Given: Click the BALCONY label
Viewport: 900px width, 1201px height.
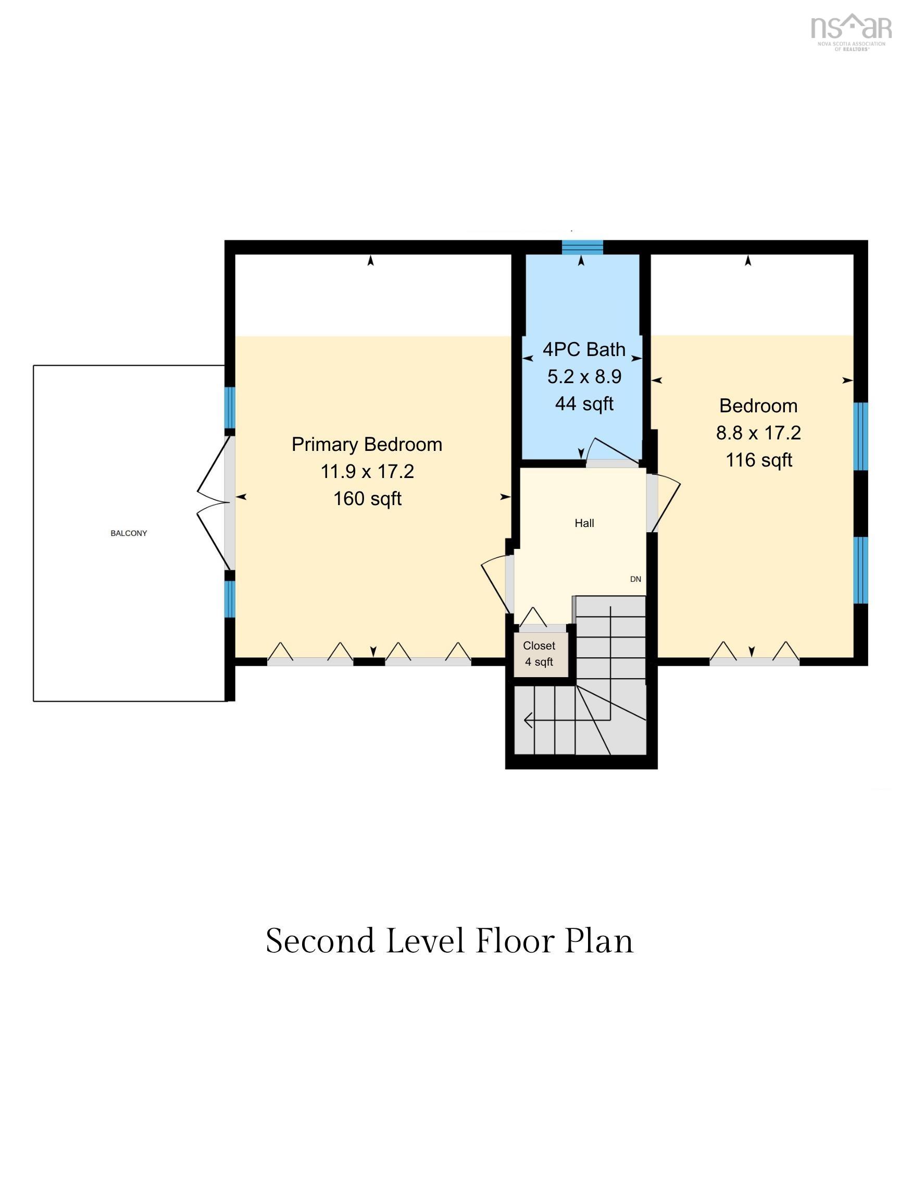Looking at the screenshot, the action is (129, 533).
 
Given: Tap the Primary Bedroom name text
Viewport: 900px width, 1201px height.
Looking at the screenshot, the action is (367, 444).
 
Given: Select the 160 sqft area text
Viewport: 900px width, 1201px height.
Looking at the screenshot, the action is (367, 498).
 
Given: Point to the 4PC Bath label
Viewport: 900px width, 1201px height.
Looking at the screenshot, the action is (584, 349).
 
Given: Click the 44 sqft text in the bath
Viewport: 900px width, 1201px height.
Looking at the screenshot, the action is (584, 403).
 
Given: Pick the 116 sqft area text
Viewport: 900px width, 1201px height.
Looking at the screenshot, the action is (759, 460).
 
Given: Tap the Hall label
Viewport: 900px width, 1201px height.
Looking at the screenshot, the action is (584, 523).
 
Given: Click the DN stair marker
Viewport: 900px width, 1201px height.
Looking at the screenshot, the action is (636, 579).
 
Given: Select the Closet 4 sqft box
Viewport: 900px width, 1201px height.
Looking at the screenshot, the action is (541, 655).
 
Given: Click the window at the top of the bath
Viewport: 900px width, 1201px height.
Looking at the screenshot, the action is (582, 247).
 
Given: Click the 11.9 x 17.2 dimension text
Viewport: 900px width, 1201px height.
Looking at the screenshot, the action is (367, 471).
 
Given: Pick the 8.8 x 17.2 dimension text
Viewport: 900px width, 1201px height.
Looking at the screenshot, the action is (758, 433).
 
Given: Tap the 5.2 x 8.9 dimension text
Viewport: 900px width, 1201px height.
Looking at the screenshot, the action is (584, 376).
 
